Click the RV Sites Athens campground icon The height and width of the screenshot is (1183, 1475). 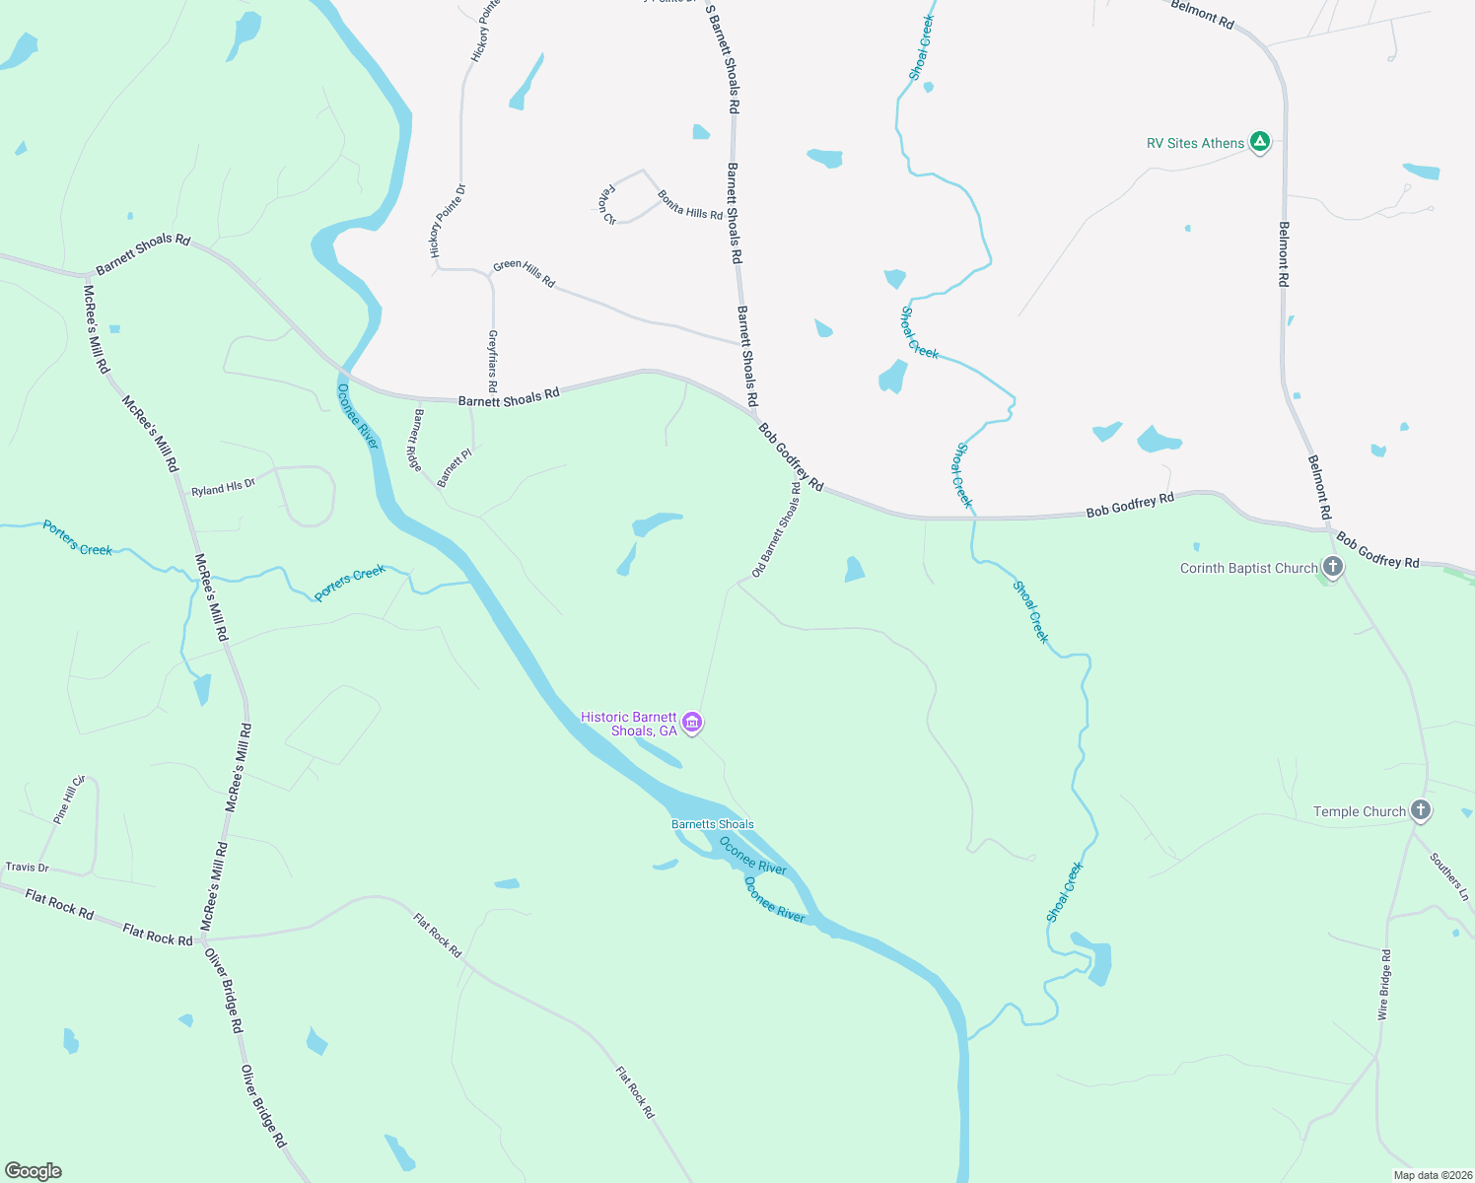1259,142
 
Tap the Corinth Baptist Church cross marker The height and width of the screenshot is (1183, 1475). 1332,567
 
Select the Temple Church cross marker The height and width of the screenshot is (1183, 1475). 1420,810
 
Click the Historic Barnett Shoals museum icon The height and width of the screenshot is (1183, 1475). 692,724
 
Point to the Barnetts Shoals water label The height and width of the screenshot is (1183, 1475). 712,824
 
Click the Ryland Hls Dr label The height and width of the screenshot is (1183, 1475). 223,487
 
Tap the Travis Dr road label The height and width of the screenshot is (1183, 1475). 28,868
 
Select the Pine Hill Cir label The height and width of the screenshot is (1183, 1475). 69,800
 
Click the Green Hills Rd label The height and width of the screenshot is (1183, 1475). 524,273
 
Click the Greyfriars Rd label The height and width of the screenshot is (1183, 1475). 492,361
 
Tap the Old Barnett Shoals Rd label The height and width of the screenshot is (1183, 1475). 776,529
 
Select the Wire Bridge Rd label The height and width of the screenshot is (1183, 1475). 1384,984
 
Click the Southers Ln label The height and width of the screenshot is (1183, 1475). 1449,876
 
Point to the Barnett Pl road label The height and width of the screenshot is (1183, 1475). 455,467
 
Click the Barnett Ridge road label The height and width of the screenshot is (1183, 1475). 417,440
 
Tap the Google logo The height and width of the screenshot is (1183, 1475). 34,1171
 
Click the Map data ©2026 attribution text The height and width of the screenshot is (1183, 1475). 1431,1175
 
